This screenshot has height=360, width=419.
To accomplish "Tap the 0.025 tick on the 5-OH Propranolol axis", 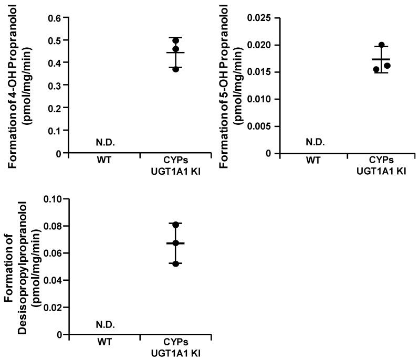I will (261, 18).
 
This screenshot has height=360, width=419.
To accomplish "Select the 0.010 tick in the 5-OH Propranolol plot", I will (261, 99).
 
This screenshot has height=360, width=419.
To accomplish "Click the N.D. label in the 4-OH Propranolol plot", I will (105, 142).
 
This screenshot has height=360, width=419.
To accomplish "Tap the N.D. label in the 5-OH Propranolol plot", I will (315, 142).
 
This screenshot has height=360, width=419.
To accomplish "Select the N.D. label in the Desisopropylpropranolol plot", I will (105, 324).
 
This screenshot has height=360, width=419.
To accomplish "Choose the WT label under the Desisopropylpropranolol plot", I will (105, 342).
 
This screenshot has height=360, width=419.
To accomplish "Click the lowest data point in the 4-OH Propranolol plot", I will (176, 69).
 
